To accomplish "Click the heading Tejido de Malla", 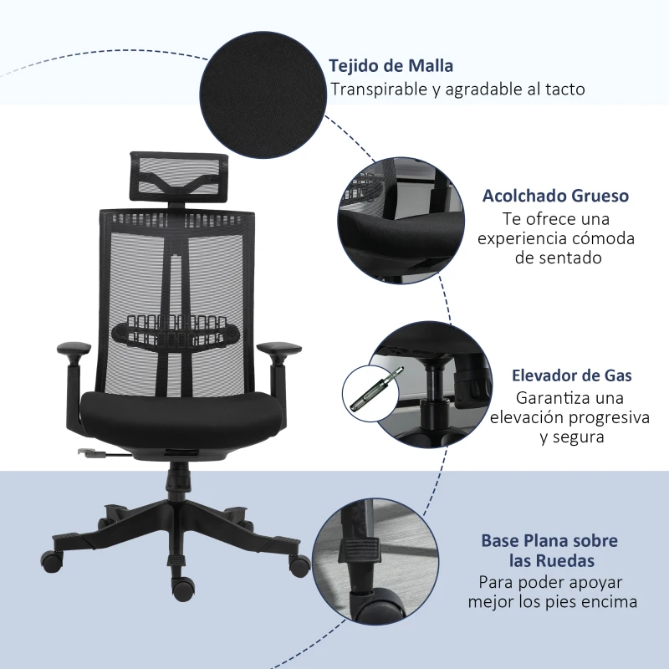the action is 391,66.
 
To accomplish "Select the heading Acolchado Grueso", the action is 555,196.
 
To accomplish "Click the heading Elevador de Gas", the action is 572,375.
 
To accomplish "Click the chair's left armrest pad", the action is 74,348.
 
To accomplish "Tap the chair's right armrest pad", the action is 279,348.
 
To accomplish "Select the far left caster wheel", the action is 52,561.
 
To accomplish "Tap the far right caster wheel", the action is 299,565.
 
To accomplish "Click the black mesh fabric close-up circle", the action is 263,94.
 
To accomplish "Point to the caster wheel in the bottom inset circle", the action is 380,605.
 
